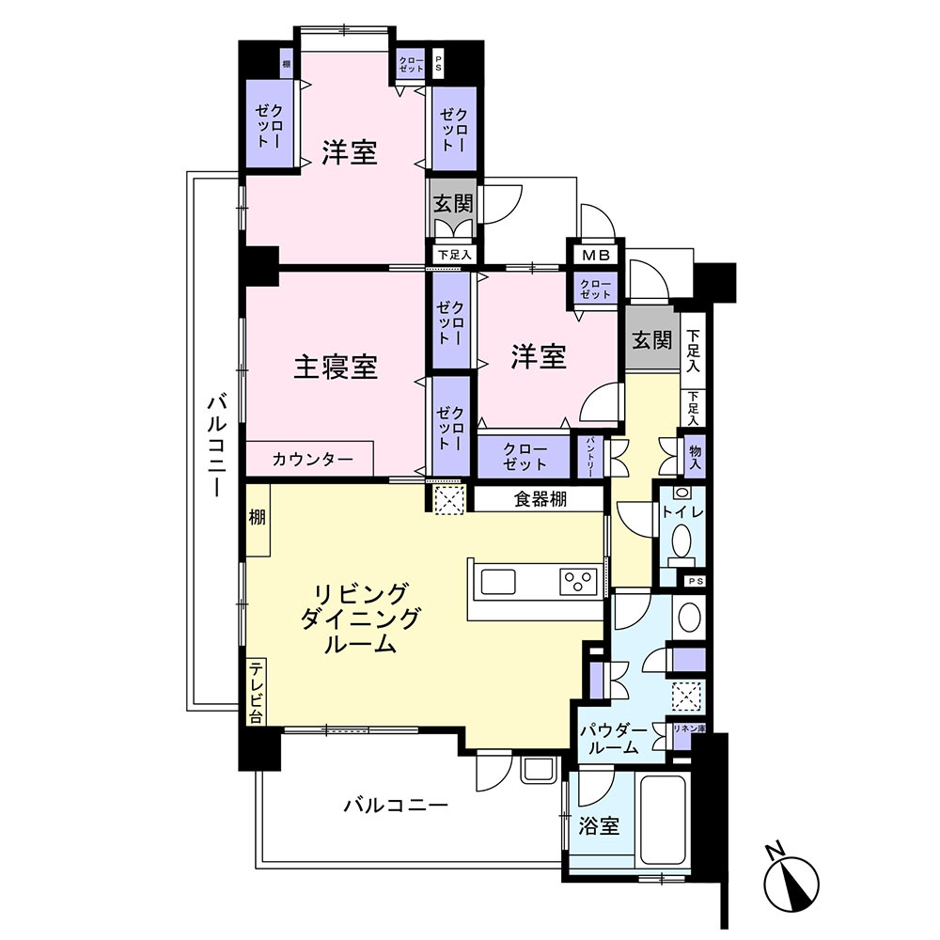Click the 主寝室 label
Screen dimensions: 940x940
336,368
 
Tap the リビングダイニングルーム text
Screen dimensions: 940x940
360,619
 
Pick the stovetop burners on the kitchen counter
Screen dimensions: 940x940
578,581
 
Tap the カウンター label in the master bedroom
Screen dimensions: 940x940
313,460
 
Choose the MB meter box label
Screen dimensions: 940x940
594,255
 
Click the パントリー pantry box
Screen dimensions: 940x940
589,456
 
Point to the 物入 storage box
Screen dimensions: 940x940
695,458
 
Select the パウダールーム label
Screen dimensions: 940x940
612,740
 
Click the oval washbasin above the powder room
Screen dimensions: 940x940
689,618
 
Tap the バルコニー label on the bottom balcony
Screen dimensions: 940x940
395,806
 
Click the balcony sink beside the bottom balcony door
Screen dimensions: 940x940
539,768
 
